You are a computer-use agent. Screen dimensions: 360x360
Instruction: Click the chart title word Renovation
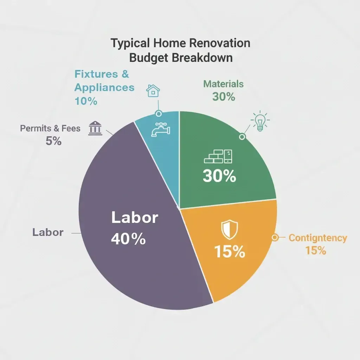[220, 43]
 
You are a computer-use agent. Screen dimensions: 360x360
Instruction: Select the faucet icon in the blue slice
[161, 130]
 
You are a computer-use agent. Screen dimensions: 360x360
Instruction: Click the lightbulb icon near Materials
[260, 122]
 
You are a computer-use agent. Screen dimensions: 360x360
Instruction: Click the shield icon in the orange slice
[229, 229]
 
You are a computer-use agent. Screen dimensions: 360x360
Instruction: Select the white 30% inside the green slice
[219, 176]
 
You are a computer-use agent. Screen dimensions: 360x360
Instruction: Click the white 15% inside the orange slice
[229, 252]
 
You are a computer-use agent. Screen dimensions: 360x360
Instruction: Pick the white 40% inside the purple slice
[128, 239]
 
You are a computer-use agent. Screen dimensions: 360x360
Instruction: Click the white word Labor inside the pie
[135, 218]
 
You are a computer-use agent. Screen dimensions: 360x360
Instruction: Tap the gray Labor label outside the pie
[48, 232]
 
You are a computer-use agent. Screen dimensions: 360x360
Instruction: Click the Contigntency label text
[318, 238]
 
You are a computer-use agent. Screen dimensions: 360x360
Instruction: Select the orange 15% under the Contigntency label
[315, 251]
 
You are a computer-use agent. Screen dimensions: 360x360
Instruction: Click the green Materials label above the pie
[223, 84]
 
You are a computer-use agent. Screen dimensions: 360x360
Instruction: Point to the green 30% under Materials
[224, 97]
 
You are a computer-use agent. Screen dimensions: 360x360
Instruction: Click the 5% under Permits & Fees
[53, 141]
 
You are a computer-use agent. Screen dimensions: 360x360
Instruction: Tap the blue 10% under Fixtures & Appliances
[86, 101]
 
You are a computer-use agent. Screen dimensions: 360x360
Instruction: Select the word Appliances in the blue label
[104, 87]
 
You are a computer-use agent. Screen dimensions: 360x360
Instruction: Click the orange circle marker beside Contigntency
[275, 238]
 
